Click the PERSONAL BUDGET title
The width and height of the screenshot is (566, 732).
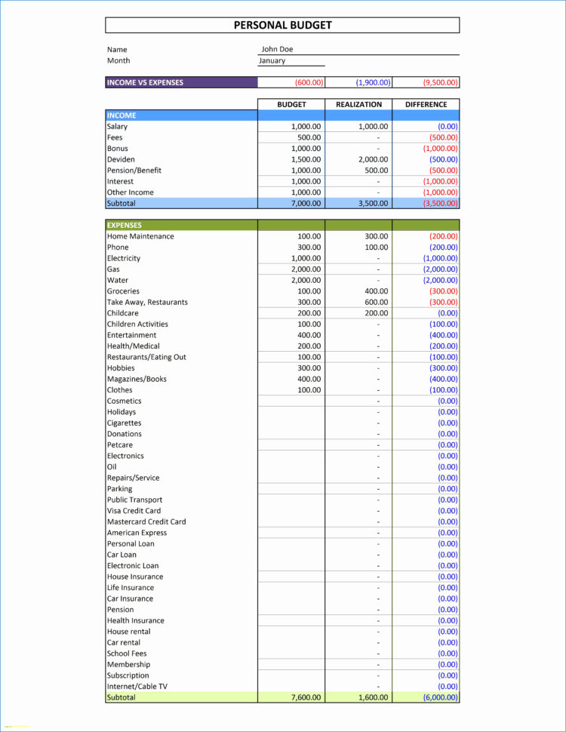[x=282, y=25]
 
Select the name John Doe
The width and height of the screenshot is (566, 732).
[x=277, y=49]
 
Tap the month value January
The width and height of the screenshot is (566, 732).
[x=272, y=60]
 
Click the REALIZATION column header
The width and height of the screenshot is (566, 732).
[x=358, y=105]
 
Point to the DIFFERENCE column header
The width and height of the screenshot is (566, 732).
[x=426, y=105]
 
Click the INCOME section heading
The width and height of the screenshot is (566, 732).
[x=122, y=115]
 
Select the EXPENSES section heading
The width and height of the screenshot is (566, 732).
[x=125, y=225]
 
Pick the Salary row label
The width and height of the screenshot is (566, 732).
[x=117, y=127]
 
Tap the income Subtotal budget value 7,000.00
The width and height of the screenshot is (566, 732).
[x=306, y=203]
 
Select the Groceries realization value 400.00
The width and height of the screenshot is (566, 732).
[x=376, y=291]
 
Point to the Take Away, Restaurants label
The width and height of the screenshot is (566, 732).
[x=147, y=302]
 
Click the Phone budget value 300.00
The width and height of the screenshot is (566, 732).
[x=309, y=248]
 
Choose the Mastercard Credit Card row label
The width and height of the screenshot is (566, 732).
[x=146, y=521]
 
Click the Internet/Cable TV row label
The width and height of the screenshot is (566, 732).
[x=137, y=687]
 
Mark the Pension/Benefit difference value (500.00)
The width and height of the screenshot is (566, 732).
[x=443, y=171]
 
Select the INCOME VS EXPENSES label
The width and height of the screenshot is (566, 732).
[x=145, y=82]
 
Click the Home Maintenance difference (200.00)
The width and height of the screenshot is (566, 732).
[x=443, y=236]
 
